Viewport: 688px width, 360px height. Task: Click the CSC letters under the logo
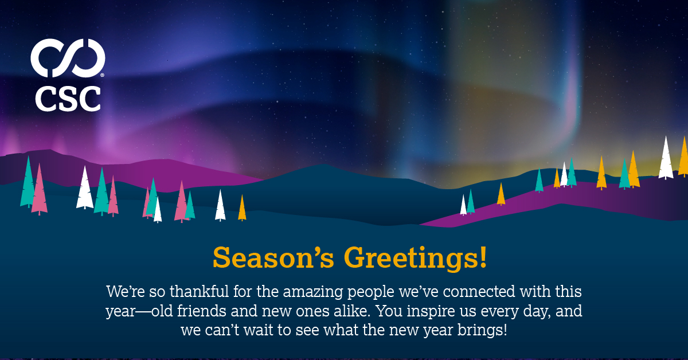[x=68, y=99]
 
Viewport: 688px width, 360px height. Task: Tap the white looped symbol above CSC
[x=68, y=58]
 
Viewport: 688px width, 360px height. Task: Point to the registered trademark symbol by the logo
[x=103, y=75]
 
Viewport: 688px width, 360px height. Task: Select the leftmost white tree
[x=85, y=189]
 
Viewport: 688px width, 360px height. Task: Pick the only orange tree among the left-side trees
[x=242, y=209]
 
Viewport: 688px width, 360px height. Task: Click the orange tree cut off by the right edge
[x=683, y=157]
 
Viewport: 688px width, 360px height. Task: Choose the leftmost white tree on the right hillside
[x=463, y=205]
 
